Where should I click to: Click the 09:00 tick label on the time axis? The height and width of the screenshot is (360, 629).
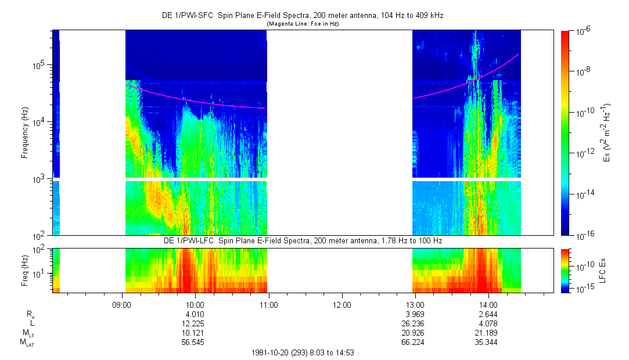[x=122, y=304]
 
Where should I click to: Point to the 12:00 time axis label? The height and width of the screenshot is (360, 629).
[x=342, y=304]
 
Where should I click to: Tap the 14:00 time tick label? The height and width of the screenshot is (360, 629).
[x=488, y=304]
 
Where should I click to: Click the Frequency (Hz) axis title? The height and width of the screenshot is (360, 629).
[x=25, y=133]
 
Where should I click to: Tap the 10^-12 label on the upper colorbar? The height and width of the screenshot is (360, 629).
[x=581, y=153]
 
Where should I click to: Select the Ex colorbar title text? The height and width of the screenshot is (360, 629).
[x=607, y=133]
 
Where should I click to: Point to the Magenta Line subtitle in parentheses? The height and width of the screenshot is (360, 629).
[x=302, y=24]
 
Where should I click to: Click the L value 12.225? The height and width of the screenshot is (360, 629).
[x=195, y=323]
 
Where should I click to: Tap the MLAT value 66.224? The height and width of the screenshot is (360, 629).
[x=415, y=342]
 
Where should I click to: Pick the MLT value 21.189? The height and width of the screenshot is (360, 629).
[x=488, y=333]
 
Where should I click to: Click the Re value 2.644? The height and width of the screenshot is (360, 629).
[x=488, y=314]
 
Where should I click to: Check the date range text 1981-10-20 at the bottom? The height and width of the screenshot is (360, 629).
[x=302, y=352]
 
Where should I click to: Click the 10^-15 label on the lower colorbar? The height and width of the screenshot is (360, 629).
[x=581, y=289]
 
